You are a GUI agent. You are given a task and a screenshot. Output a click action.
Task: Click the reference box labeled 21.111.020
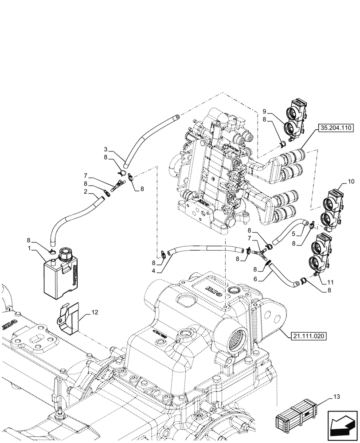[309, 336]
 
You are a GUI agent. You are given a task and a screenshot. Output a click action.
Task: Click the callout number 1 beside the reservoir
[29, 249]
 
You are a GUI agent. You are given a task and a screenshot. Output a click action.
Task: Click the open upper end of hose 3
[176, 117]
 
